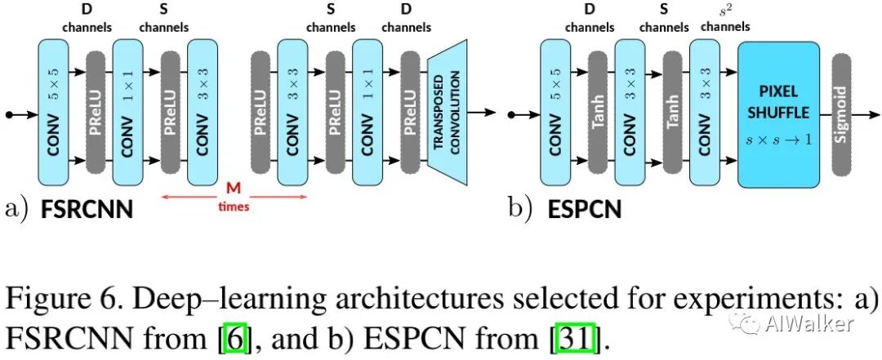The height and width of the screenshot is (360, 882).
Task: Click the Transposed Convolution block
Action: coord(448,113)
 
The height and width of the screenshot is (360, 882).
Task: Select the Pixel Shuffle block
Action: coord(778,114)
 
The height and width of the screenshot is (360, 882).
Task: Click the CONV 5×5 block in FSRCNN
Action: coord(53,113)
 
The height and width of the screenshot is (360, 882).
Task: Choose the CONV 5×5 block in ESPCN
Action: coord(555,113)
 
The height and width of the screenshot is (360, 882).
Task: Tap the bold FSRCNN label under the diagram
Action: coord(87,210)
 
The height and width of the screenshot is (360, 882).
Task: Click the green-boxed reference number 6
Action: coord(235,338)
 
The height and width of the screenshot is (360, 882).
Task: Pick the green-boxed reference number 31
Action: coord(574,338)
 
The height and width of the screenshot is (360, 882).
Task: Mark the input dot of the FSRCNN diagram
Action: coord(9,115)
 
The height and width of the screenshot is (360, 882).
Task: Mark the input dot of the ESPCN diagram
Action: coord(511,115)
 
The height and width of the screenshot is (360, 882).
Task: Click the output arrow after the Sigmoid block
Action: coord(866,115)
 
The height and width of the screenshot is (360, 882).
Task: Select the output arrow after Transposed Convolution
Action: coord(482,113)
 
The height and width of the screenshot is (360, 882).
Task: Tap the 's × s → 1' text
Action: coord(778,140)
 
